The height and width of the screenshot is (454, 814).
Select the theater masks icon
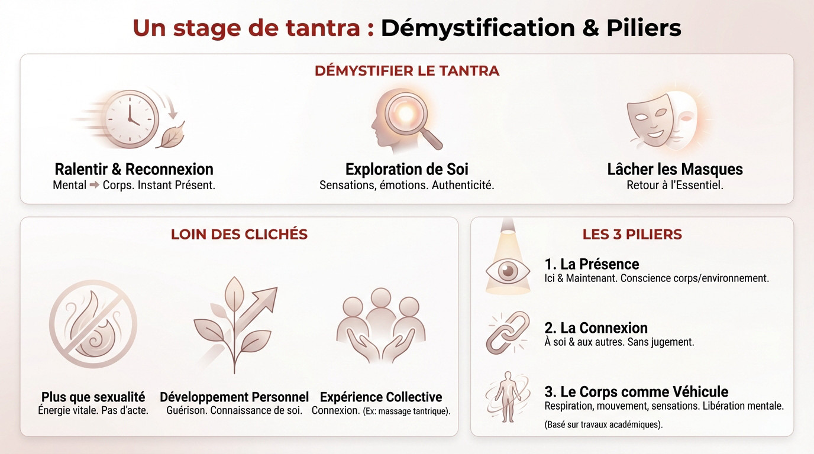tap(661, 118)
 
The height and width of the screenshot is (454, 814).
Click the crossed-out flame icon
tap(93, 323)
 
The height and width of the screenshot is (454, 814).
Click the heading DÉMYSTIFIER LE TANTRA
tap(407, 71)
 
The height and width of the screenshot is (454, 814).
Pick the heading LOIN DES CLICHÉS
tap(239, 234)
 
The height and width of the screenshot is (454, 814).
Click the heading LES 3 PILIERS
tap(632, 234)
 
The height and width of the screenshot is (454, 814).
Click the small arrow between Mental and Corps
tap(93, 185)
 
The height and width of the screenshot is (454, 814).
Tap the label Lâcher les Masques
tap(674, 169)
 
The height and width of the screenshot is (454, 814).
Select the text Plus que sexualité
tap(93, 397)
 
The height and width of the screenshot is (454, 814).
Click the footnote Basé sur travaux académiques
tap(602, 424)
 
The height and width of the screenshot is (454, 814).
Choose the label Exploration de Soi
tap(406, 169)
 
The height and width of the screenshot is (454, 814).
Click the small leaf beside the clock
tap(172, 135)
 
